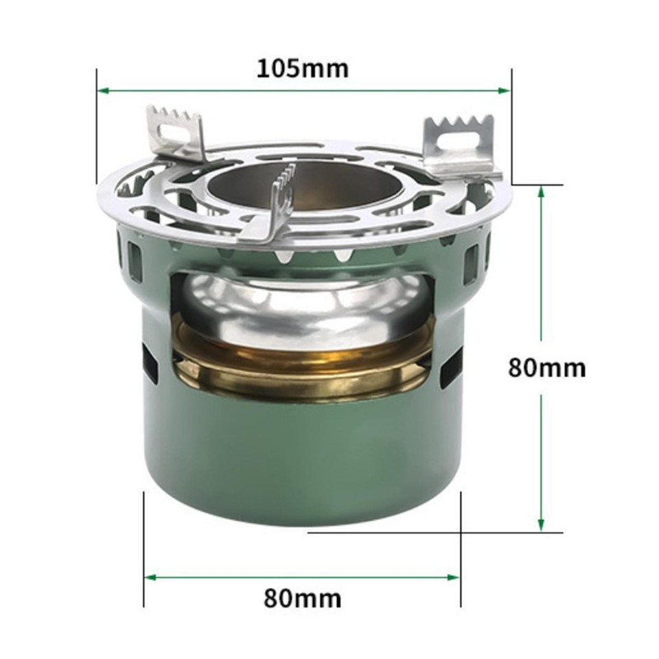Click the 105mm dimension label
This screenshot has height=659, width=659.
(x=303, y=69)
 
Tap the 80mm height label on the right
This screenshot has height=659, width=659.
(x=547, y=367)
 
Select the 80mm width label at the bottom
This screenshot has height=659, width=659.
(x=302, y=598)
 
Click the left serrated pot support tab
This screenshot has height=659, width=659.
(x=177, y=132)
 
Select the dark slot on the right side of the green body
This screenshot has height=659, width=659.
(x=450, y=367)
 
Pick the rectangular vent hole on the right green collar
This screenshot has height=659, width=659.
(x=471, y=264)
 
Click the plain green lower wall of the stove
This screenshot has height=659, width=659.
(x=302, y=467)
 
